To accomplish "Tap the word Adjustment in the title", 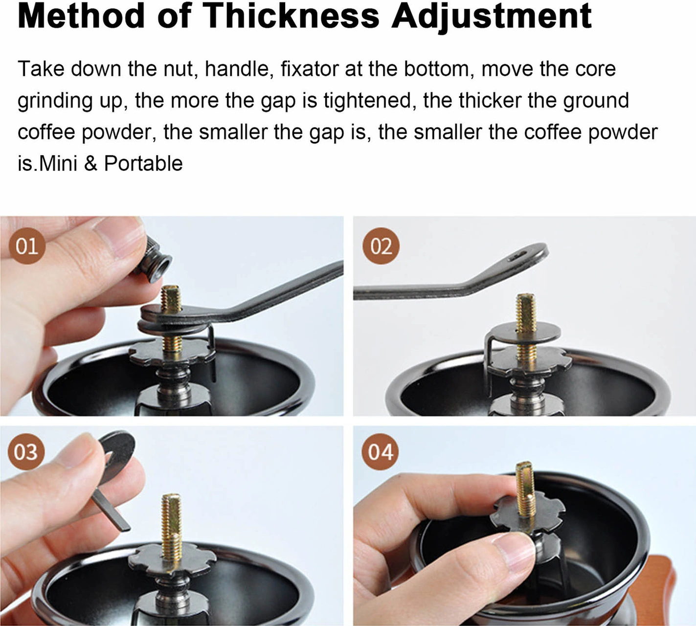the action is point(492,17).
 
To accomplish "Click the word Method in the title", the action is point(81,16).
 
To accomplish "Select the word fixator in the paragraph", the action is point(310,68).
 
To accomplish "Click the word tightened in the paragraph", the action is point(367,100).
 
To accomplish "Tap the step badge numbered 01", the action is point(27,246).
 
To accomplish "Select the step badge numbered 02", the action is point(381,246).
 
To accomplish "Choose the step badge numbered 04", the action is point(381,452).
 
